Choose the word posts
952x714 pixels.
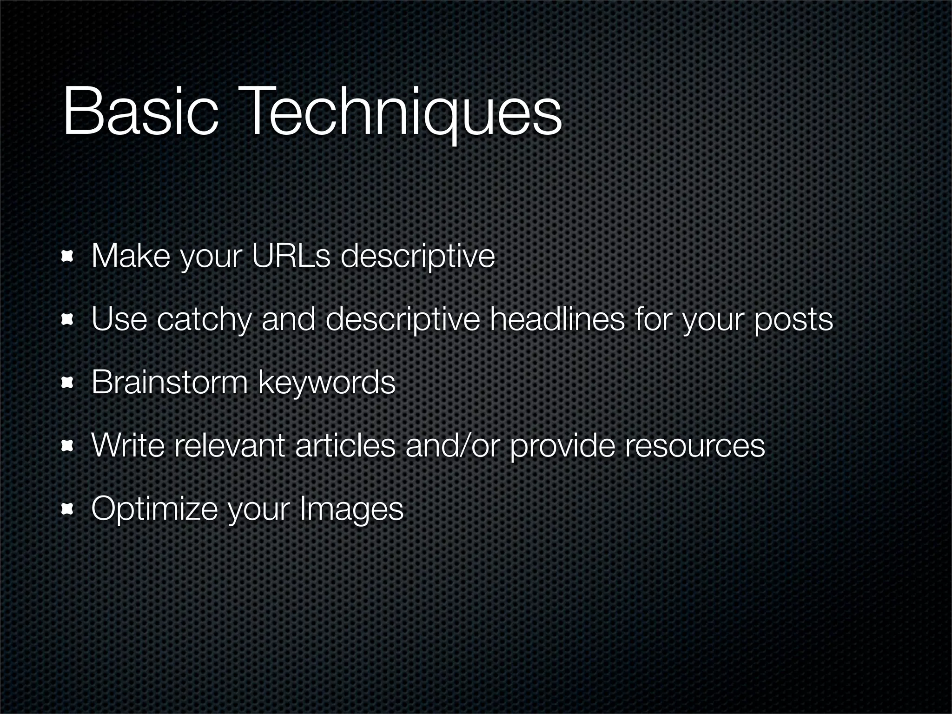click(x=793, y=320)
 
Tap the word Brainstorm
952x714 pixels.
click(x=170, y=382)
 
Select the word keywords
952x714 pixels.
click(x=326, y=383)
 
